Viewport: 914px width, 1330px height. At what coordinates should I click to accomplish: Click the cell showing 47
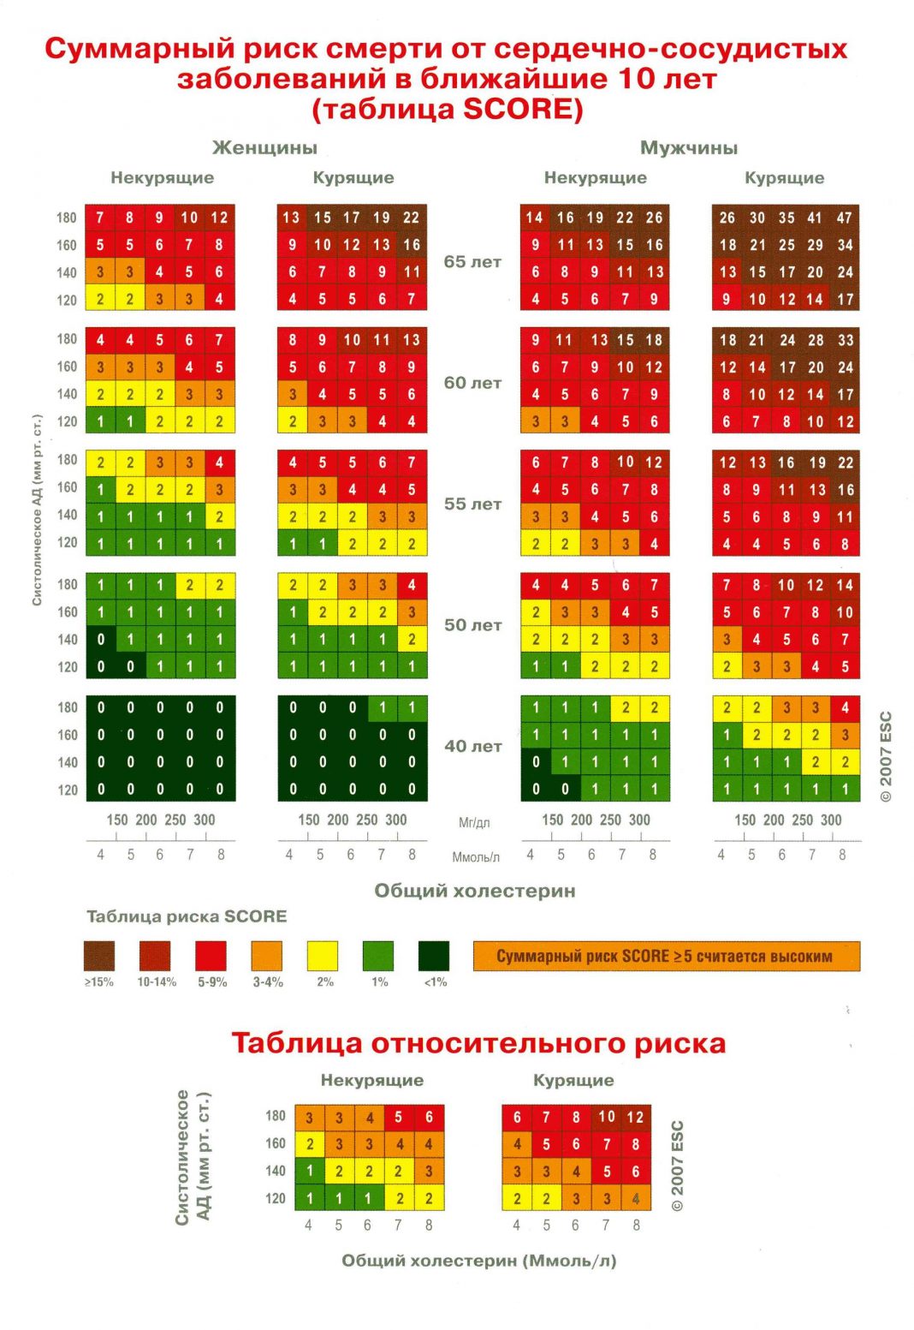[845, 218]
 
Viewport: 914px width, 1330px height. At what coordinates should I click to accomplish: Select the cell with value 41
[815, 218]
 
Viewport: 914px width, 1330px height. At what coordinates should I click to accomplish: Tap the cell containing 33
[846, 340]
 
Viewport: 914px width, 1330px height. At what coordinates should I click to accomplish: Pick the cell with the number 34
[845, 245]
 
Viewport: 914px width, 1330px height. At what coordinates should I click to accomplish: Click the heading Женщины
[264, 147]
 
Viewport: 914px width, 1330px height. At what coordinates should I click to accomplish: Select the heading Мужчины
[688, 147]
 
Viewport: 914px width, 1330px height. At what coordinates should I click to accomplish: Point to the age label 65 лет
[472, 262]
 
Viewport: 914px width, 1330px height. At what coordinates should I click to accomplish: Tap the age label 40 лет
[472, 746]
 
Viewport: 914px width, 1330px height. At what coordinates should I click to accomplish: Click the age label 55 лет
[472, 504]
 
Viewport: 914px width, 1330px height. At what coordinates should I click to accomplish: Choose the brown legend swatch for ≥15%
[99, 956]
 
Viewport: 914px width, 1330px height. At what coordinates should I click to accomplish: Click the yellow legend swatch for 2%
[323, 956]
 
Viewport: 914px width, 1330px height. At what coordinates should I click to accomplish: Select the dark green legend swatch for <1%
[434, 956]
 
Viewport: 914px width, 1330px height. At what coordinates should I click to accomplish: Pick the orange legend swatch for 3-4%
[267, 956]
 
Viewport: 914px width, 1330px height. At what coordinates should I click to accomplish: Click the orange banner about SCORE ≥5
[666, 956]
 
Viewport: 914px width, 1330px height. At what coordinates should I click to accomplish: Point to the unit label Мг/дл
[473, 822]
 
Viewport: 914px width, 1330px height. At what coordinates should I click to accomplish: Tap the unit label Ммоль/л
[475, 856]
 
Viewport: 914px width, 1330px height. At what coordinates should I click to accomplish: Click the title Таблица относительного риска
[478, 1043]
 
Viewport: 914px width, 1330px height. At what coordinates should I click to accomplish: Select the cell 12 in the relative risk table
[635, 1117]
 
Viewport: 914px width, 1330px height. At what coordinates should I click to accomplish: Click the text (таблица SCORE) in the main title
[447, 109]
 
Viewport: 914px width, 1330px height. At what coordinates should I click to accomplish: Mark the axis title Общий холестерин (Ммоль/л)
[478, 1261]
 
